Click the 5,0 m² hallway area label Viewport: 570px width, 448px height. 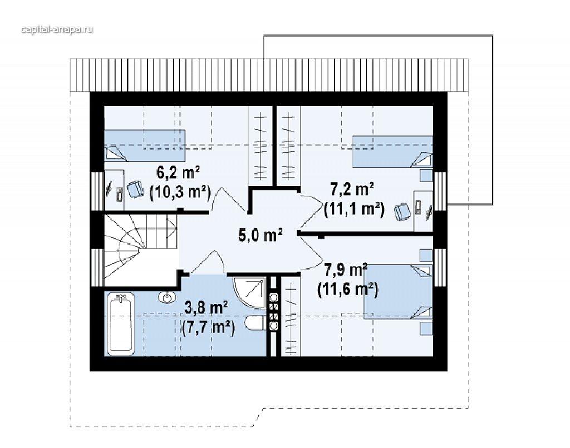click(261, 236)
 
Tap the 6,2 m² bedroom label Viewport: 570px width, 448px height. click(178, 173)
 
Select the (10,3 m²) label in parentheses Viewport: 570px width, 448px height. click(180, 192)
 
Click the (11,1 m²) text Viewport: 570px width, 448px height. click(354, 210)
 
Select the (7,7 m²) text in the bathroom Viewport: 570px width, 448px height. click(208, 328)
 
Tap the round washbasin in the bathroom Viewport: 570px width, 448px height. click(167, 297)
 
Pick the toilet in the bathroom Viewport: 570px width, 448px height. click(256, 323)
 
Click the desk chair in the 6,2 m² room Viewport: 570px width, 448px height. click(135, 190)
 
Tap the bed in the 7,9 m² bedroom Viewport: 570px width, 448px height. click(399, 291)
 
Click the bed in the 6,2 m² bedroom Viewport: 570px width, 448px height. click(145, 145)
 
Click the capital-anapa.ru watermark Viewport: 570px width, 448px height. click(57, 29)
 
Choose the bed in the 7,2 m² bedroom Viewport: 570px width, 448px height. click(393, 152)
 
